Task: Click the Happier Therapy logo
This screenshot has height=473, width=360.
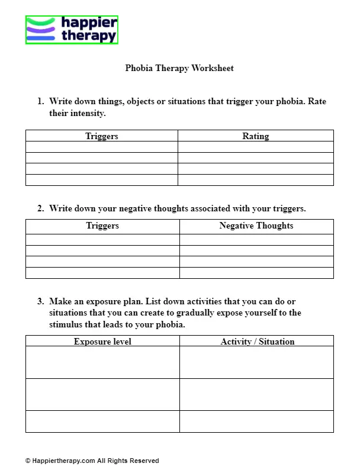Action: point(72,30)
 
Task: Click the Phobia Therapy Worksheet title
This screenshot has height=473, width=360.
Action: point(179,68)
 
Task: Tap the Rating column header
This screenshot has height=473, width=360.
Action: point(255,136)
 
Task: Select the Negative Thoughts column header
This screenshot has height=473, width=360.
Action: point(256,226)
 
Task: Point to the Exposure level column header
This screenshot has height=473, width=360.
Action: point(102,342)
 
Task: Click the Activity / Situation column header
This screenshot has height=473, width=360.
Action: point(257,342)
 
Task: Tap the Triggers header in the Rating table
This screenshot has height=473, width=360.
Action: point(102,136)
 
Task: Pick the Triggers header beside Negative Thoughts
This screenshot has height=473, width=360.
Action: point(102,226)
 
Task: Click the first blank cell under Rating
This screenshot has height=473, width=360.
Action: point(255,147)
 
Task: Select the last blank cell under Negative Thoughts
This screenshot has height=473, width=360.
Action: point(256,273)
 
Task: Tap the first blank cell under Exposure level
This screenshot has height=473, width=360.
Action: point(102,362)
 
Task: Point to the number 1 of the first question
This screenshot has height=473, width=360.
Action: point(40,101)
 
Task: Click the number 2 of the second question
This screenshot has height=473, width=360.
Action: point(40,208)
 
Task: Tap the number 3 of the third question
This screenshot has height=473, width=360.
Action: point(40,301)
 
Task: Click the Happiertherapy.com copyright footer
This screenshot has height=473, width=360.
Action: point(92,461)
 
